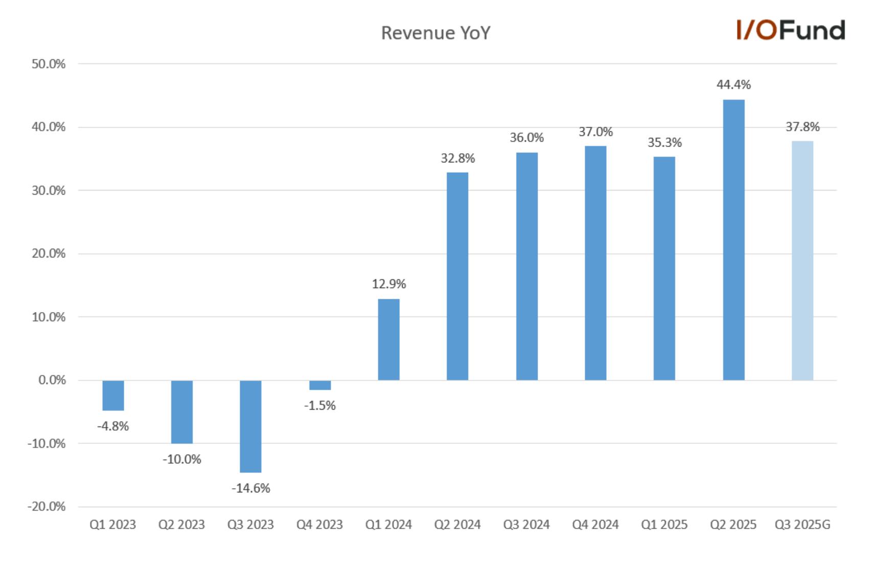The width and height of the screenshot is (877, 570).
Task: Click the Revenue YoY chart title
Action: pyautogui.click(x=435, y=33)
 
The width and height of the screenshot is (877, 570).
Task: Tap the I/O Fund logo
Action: pyautogui.click(x=791, y=30)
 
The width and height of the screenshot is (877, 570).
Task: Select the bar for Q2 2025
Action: pyautogui.click(x=733, y=240)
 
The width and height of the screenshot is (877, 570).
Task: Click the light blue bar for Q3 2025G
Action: pyautogui.click(x=802, y=260)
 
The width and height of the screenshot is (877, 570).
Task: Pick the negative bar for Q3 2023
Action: pyautogui.click(x=250, y=426)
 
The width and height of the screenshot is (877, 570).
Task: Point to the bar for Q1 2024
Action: pyautogui.click(x=388, y=339)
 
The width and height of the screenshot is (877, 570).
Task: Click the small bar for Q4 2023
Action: pyautogui.click(x=320, y=385)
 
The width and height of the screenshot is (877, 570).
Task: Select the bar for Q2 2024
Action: pyautogui.click(x=457, y=276)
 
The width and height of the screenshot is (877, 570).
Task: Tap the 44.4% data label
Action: pyautogui.click(x=733, y=85)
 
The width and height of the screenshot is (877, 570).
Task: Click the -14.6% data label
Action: pyautogui.click(x=250, y=488)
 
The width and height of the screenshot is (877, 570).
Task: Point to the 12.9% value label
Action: pyautogui.click(x=389, y=284)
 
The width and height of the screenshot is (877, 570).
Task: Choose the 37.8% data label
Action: pyautogui.click(x=802, y=127)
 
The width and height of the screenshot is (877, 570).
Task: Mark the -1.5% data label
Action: pyautogui.click(x=320, y=406)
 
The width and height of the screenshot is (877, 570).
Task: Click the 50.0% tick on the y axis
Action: pyautogui.click(x=49, y=64)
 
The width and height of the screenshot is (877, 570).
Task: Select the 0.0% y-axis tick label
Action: pyautogui.click(x=52, y=380)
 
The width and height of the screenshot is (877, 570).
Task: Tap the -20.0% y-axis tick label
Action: pyautogui.click(x=47, y=507)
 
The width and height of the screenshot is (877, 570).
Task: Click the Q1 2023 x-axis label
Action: pyautogui.click(x=112, y=525)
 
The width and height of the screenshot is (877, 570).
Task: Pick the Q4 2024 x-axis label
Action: pyautogui.click(x=595, y=525)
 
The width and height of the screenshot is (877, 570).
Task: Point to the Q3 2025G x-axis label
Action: pyautogui.click(x=802, y=525)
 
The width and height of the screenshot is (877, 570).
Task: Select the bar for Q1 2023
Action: pyautogui.click(x=113, y=395)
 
